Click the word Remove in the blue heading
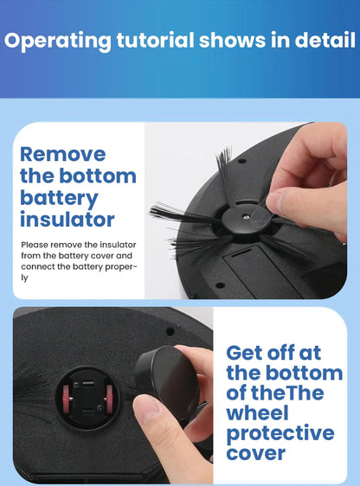[x=62, y=155]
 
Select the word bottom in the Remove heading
[x=102, y=176]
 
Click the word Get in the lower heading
[x=246, y=353]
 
